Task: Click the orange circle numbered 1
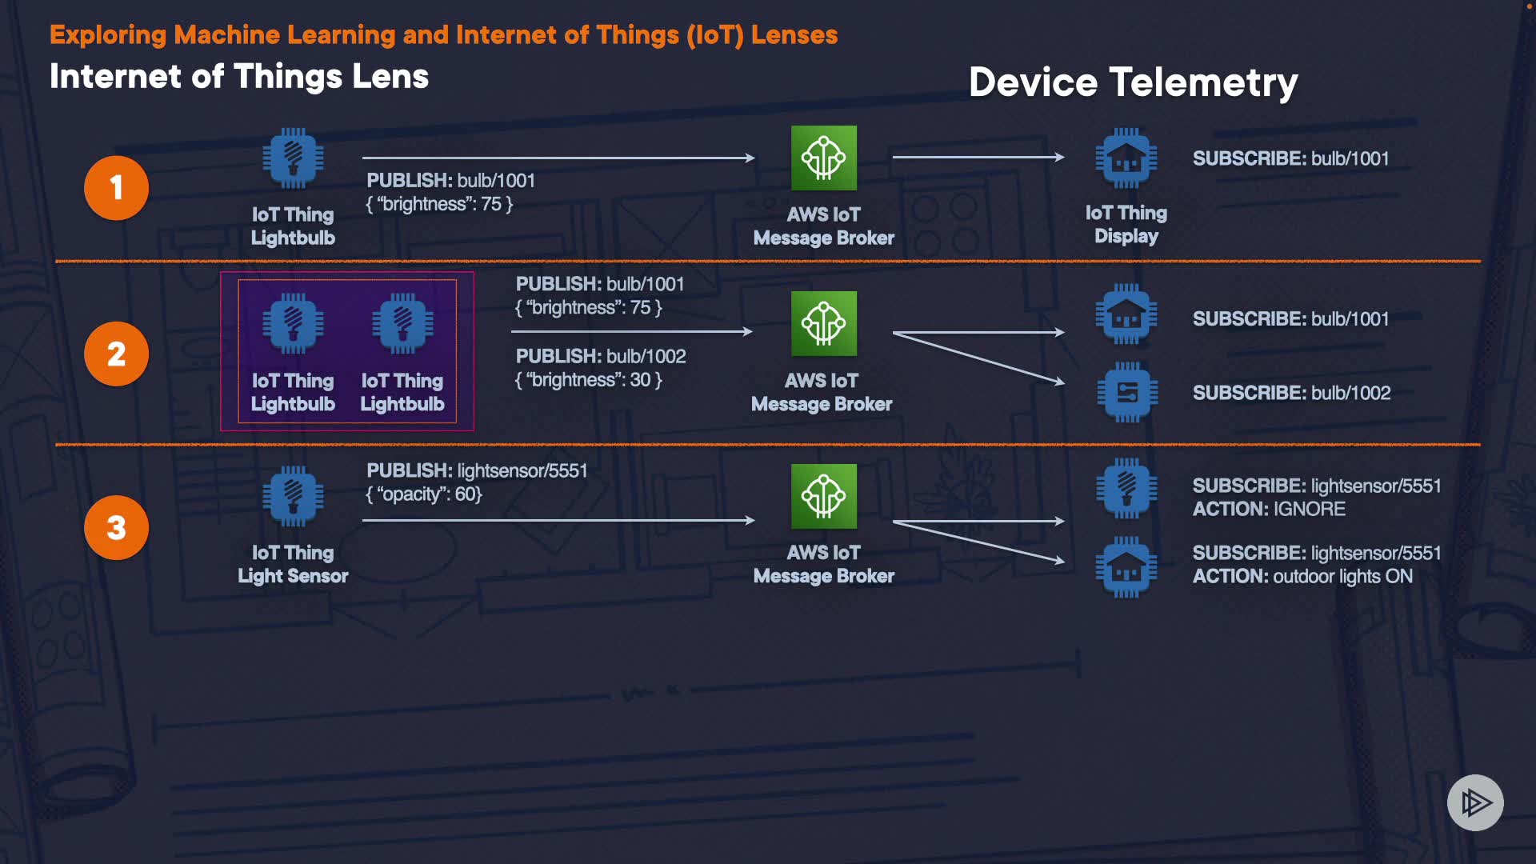(x=116, y=188)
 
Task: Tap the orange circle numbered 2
(x=116, y=354)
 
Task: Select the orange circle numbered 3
(x=116, y=527)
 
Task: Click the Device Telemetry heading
(x=1133, y=82)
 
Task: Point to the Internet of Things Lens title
(x=239, y=77)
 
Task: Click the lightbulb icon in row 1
(x=293, y=158)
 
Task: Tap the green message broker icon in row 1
(x=823, y=158)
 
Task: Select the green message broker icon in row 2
(x=823, y=323)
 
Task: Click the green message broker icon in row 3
(x=823, y=496)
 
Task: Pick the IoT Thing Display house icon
(x=1126, y=158)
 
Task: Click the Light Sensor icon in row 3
(x=293, y=496)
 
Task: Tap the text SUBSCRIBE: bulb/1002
(x=1291, y=393)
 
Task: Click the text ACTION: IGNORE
(x=1269, y=510)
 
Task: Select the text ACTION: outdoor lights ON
(x=1302, y=577)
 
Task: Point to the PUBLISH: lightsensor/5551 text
(x=477, y=470)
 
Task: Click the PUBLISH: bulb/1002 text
(x=601, y=356)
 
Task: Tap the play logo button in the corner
(x=1475, y=802)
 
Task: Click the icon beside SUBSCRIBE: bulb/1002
(x=1126, y=392)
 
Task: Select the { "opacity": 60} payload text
(x=424, y=494)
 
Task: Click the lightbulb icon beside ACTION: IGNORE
(x=1126, y=487)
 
